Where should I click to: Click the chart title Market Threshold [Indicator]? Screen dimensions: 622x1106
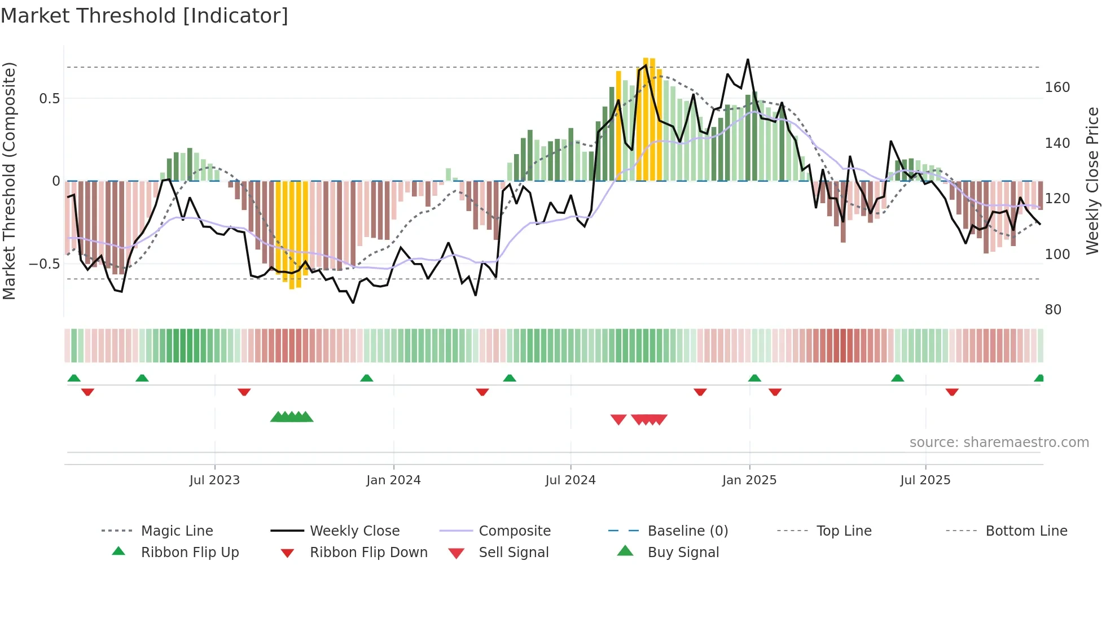(144, 16)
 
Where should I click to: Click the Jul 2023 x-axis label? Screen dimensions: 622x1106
(214, 480)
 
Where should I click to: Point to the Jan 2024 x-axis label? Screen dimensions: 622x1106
(393, 480)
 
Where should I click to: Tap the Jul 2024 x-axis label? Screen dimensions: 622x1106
(570, 480)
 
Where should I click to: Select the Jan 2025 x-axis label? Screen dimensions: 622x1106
(749, 480)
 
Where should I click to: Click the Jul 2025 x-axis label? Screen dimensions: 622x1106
(925, 480)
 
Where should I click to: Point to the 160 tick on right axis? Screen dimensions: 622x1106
(1057, 87)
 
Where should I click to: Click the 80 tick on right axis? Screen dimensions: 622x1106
(1053, 310)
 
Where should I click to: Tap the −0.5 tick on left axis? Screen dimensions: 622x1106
(44, 264)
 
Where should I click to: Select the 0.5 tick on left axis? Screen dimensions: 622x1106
(49, 99)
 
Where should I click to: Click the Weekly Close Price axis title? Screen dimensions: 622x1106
(1092, 181)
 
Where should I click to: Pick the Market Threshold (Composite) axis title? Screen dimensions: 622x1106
(9, 181)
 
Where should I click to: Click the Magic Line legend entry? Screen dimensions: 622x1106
(177, 531)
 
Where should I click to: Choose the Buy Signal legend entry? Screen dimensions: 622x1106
(683, 553)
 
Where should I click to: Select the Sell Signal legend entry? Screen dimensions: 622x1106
(513, 553)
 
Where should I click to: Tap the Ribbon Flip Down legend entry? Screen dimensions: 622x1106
(368, 553)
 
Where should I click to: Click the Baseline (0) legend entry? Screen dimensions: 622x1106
(687, 531)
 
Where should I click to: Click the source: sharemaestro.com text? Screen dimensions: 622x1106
(999, 443)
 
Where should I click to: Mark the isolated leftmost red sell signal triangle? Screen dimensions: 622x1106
(618, 419)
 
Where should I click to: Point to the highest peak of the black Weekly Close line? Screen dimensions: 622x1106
(748, 60)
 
